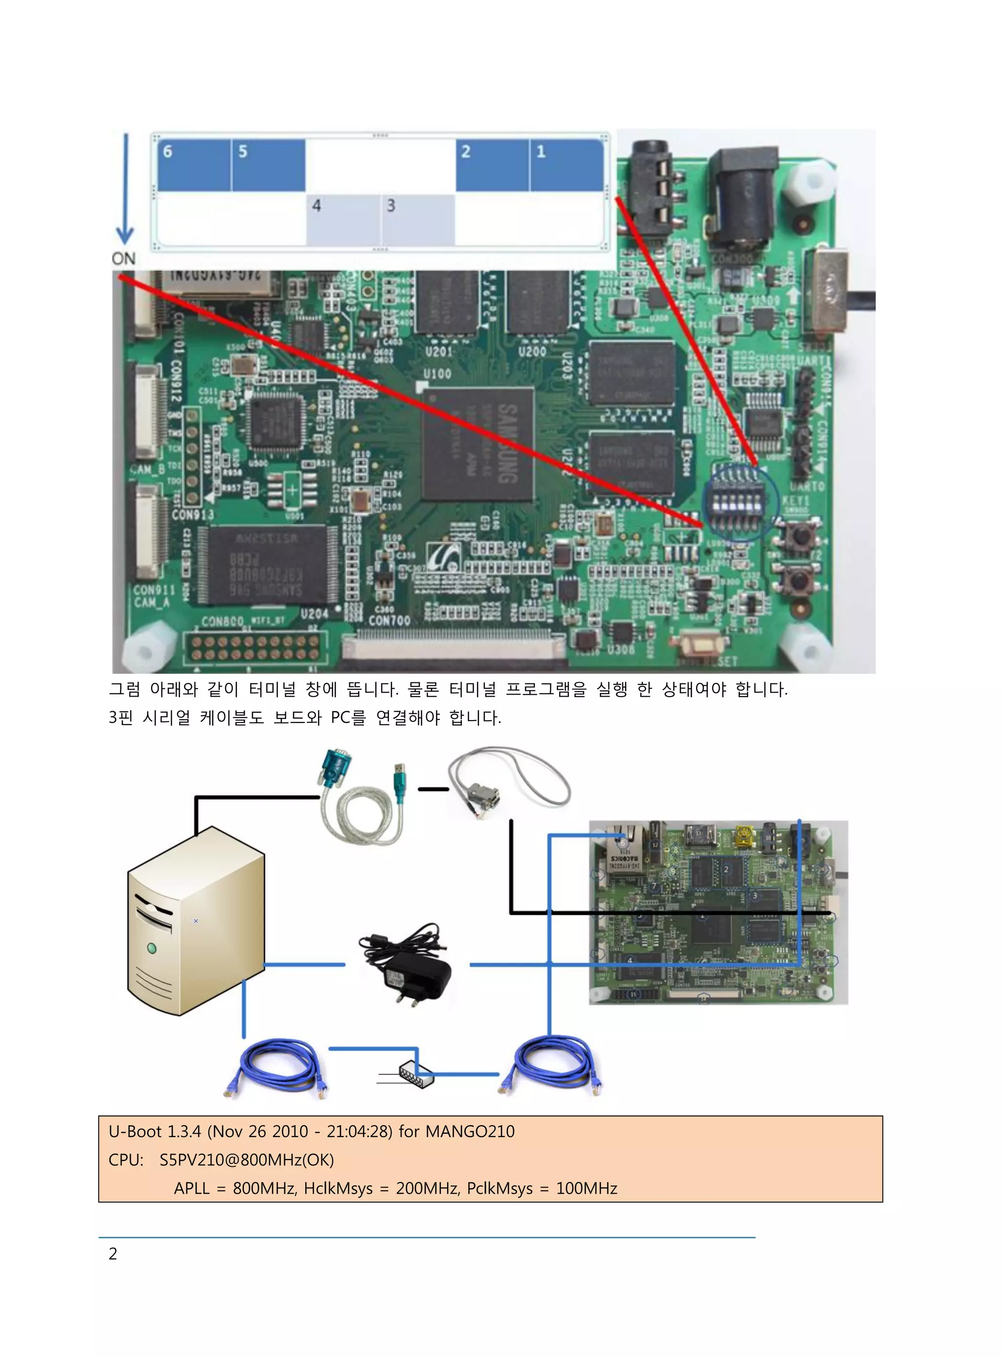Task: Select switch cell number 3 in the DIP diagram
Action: tap(418, 219)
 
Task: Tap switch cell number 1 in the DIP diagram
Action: tap(566, 165)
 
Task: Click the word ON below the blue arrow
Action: tap(123, 259)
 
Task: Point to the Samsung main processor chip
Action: tap(478, 444)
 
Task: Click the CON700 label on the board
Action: tap(389, 620)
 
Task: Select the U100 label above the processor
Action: tap(437, 373)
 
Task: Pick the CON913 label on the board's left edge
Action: tap(193, 515)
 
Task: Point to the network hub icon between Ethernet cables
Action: tap(416, 1075)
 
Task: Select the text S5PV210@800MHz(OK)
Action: tap(246, 1160)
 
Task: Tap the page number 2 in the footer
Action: tap(113, 1253)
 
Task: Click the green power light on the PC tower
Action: tap(152, 948)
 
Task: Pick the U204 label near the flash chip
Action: tap(314, 614)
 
